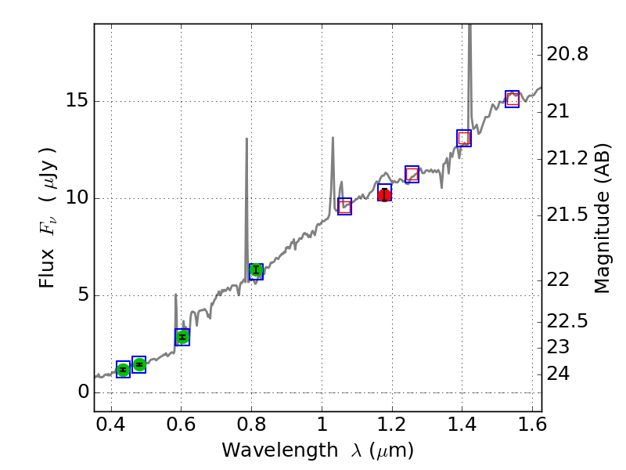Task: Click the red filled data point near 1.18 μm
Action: pyautogui.click(x=384, y=194)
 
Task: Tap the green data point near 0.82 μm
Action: pyautogui.click(x=256, y=270)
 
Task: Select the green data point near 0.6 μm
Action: pyautogui.click(x=182, y=337)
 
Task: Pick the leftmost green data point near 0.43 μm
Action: pyautogui.click(x=123, y=370)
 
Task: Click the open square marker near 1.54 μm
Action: pyautogui.click(x=513, y=99)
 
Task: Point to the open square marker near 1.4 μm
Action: pyautogui.click(x=464, y=138)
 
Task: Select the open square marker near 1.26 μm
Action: pyautogui.click(x=412, y=174)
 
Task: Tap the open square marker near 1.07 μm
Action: pyautogui.click(x=344, y=206)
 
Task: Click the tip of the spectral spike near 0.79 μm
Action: pyautogui.click(x=246, y=139)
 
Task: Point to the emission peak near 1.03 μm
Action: pyautogui.click(x=333, y=138)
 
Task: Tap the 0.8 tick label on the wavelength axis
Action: pyautogui.click(x=251, y=428)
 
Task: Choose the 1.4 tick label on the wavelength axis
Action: pyautogui.click(x=462, y=428)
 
